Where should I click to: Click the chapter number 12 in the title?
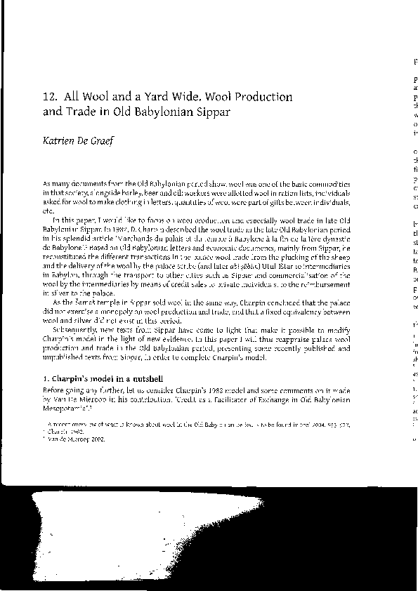pos(49,97)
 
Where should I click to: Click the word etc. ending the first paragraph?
pos(48,211)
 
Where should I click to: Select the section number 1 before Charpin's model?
pos(46,380)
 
